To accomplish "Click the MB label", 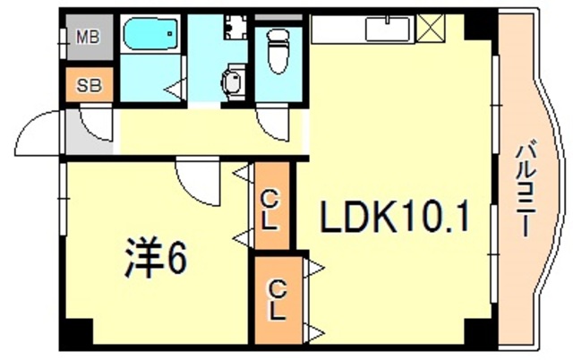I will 88,38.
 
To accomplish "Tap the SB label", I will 88,86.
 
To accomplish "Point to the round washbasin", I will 233,83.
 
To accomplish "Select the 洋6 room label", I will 154,260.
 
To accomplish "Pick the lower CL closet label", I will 278,300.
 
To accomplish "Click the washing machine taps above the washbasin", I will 234,27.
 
